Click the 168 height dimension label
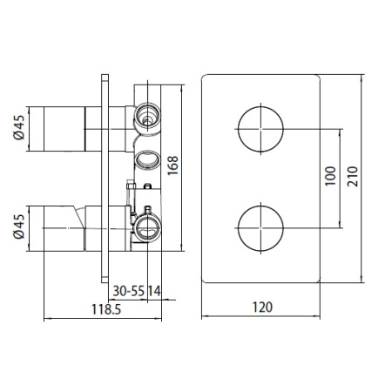click(x=172, y=166)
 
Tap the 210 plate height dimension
click(x=353, y=176)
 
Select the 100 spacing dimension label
click(x=330, y=176)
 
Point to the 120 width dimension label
click(x=262, y=308)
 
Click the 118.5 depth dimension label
click(x=106, y=309)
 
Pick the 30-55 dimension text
click(x=129, y=291)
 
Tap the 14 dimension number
click(x=154, y=291)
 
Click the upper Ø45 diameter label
click(x=19, y=127)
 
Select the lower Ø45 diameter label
click(x=19, y=226)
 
